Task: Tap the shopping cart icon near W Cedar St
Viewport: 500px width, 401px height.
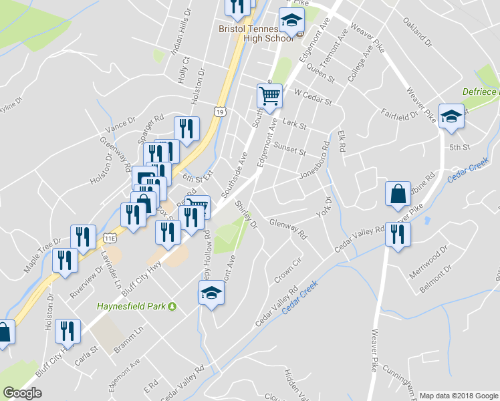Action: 269,95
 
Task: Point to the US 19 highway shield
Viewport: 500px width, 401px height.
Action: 219,112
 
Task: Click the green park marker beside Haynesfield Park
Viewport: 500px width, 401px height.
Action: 172,307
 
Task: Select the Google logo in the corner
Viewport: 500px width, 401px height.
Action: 22,393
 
